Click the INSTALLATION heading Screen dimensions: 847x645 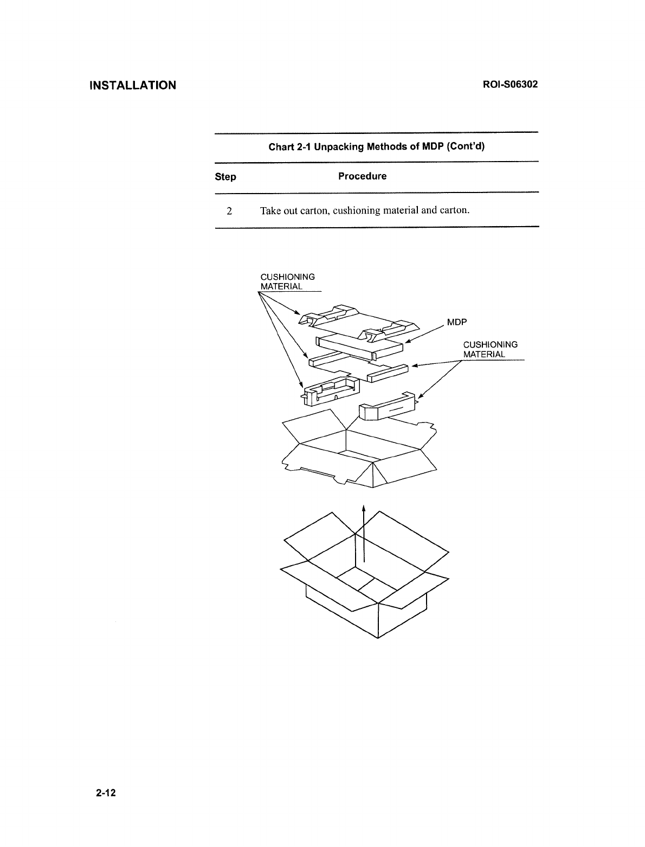coord(133,85)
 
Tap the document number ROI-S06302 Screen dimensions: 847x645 coord(506,85)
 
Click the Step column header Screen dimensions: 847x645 coord(225,177)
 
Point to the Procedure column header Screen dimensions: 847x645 coord(362,176)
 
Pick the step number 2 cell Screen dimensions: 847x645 coord(230,210)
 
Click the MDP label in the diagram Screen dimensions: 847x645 coord(457,322)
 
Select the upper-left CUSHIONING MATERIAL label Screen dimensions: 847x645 coord(287,281)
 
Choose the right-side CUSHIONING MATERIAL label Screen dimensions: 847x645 coord(490,349)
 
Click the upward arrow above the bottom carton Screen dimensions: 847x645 coord(364,534)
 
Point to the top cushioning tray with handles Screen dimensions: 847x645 coord(358,324)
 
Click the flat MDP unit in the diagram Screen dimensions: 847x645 coord(360,347)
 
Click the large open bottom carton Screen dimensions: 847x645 coord(365,580)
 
